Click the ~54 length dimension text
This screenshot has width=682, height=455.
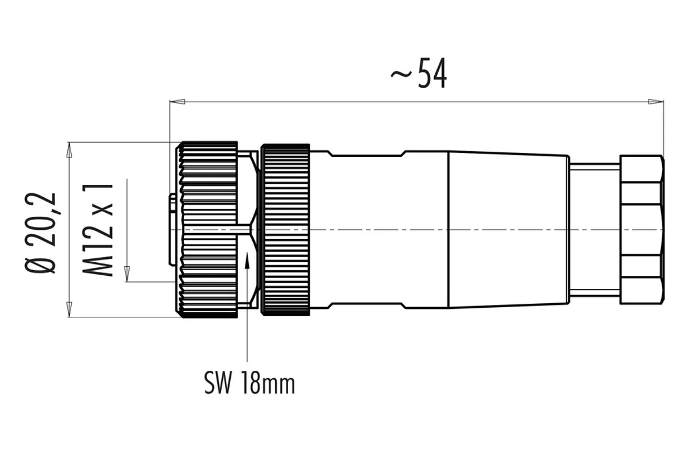pyautogui.click(x=419, y=73)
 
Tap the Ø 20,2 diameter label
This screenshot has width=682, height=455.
pyautogui.click(x=40, y=233)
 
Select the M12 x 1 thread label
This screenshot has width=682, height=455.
pyautogui.click(x=98, y=230)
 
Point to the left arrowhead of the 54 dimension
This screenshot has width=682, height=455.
pyautogui.click(x=177, y=101)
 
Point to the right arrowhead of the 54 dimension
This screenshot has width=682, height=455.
pyautogui.click(x=656, y=101)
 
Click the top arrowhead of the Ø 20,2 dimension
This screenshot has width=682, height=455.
pyautogui.click(x=69, y=150)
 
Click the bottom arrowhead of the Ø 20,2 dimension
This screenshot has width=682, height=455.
pyautogui.click(x=69, y=309)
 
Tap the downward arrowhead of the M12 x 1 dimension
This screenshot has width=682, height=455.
pyautogui.click(x=127, y=274)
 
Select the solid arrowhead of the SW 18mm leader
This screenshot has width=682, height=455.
pyautogui.click(x=247, y=260)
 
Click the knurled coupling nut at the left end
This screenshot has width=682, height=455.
pyautogui.click(x=207, y=230)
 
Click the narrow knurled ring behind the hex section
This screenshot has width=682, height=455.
pyautogui.click(x=285, y=230)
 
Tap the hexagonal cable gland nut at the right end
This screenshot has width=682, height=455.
pyautogui.click(x=642, y=229)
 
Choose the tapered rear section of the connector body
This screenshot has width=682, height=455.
pyautogui.click(x=509, y=229)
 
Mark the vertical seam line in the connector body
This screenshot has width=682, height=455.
pyautogui.click(x=450, y=229)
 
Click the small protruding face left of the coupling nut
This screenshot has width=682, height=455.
pyautogui.click(x=172, y=229)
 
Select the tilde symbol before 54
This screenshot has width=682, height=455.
pyautogui.click(x=401, y=74)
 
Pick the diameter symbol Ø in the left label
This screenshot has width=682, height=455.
pyautogui.click(x=40, y=263)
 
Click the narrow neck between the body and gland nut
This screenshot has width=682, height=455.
pyautogui.click(x=594, y=229)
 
